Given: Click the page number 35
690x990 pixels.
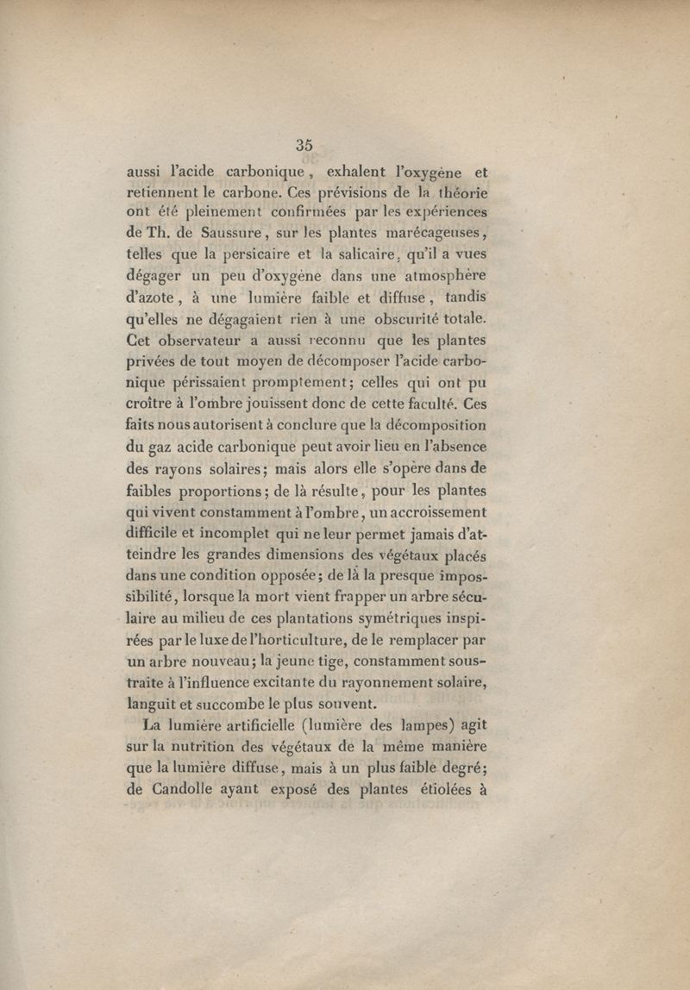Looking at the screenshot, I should coord(304,145).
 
